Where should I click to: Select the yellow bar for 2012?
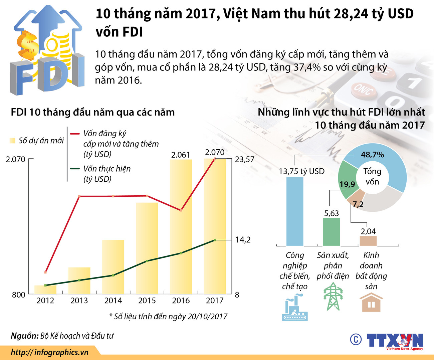(45, 290)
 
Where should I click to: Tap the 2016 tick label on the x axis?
(181, 301)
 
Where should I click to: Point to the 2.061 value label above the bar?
(181, 155)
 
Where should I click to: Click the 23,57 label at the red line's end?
(244, 160)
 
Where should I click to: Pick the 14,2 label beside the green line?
(243, 240)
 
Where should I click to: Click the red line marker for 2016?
(181, 210)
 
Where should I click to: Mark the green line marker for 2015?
(147, 261)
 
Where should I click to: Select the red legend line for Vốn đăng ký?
(75, 134)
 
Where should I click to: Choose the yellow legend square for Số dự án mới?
(13, 141)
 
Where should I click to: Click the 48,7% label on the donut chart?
(372, 155)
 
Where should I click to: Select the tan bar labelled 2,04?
(368, 241)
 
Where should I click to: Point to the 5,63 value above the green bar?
(332, 213)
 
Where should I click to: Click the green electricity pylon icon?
(333, 296)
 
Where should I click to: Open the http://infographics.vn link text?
(49, 352)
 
